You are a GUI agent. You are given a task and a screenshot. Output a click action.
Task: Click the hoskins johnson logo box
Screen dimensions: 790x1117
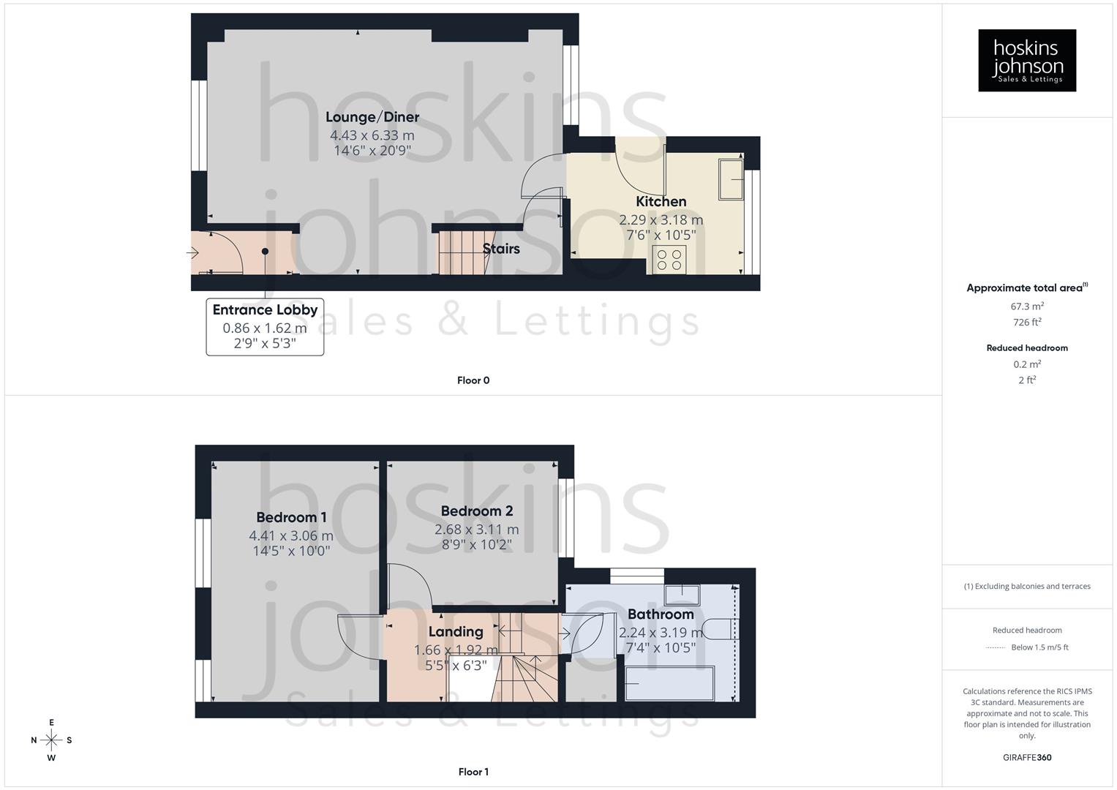click(1026, 60)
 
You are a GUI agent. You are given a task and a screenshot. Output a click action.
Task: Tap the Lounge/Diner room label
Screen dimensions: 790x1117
click(372, 117)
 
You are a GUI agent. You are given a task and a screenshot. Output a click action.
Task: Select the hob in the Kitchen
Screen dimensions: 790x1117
click(669, 260)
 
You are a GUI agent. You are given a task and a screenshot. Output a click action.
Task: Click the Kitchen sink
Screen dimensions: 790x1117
click(730, 179)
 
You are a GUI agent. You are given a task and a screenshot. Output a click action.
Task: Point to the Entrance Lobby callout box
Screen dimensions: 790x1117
click(265, 326)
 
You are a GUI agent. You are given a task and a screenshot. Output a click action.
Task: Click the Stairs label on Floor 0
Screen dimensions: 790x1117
click(501, 249)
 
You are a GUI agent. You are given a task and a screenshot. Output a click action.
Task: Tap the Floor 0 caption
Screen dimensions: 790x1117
click(473, 380)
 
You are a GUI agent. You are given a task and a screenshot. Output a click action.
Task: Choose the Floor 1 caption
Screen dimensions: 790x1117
click(473, 772)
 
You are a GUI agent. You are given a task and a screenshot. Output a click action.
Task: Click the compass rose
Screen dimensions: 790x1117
click(51, 740)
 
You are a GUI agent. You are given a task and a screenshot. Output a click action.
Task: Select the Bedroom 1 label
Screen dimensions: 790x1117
click(291, 517)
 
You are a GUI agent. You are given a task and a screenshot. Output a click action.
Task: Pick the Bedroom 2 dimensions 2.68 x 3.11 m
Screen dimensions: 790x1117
click(476, 530)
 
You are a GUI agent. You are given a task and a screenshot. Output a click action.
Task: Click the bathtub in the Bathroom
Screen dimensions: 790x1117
click(669, 683)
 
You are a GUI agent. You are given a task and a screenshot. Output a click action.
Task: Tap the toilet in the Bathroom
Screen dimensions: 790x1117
click(726, 629)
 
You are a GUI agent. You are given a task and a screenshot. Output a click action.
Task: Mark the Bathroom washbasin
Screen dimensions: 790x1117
click(682, 594)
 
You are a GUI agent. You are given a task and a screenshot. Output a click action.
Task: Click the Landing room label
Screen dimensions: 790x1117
click(456, 631)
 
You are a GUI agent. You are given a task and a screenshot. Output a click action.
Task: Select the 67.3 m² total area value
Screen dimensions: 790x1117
click(1027, 306)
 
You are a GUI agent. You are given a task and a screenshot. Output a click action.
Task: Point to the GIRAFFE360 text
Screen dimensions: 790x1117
click(1027, 758)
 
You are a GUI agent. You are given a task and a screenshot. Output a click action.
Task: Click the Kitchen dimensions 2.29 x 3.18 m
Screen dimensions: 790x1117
click(661, 219)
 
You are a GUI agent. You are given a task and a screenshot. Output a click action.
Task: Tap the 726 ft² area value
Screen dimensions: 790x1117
click(1027, 323)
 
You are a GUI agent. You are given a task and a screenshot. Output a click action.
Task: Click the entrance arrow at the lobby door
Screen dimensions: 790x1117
click(193, 253)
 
